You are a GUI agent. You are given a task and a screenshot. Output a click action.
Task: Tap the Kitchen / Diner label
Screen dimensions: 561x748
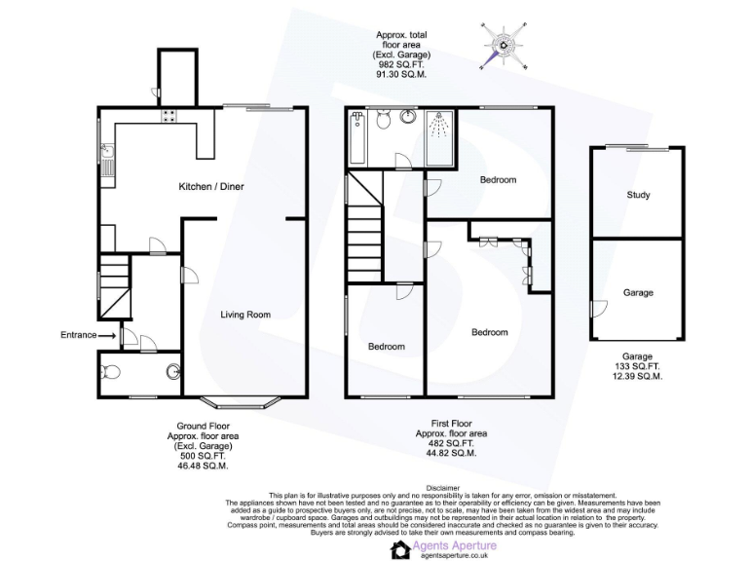click(209, 186)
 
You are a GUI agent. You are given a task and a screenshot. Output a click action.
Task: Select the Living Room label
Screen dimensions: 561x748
click(244, 315)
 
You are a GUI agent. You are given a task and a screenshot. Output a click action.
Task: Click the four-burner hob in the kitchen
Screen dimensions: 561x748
click(169, 116)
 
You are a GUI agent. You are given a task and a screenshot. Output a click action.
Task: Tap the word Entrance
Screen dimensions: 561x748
click(78, 335)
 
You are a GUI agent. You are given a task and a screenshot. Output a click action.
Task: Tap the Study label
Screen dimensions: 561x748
click(638, 195)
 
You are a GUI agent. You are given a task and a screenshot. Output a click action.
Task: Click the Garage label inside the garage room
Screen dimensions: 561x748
click(638, 292)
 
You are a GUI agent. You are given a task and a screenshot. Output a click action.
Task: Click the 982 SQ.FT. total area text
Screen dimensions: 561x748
click(401, 64)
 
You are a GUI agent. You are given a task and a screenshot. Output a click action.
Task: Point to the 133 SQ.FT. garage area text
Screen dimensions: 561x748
click(638, 366)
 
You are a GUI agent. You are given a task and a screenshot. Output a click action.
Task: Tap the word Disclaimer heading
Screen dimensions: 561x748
click(442, 486)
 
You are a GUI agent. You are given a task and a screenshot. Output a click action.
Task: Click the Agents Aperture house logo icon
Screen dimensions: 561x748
click(399, 551)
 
